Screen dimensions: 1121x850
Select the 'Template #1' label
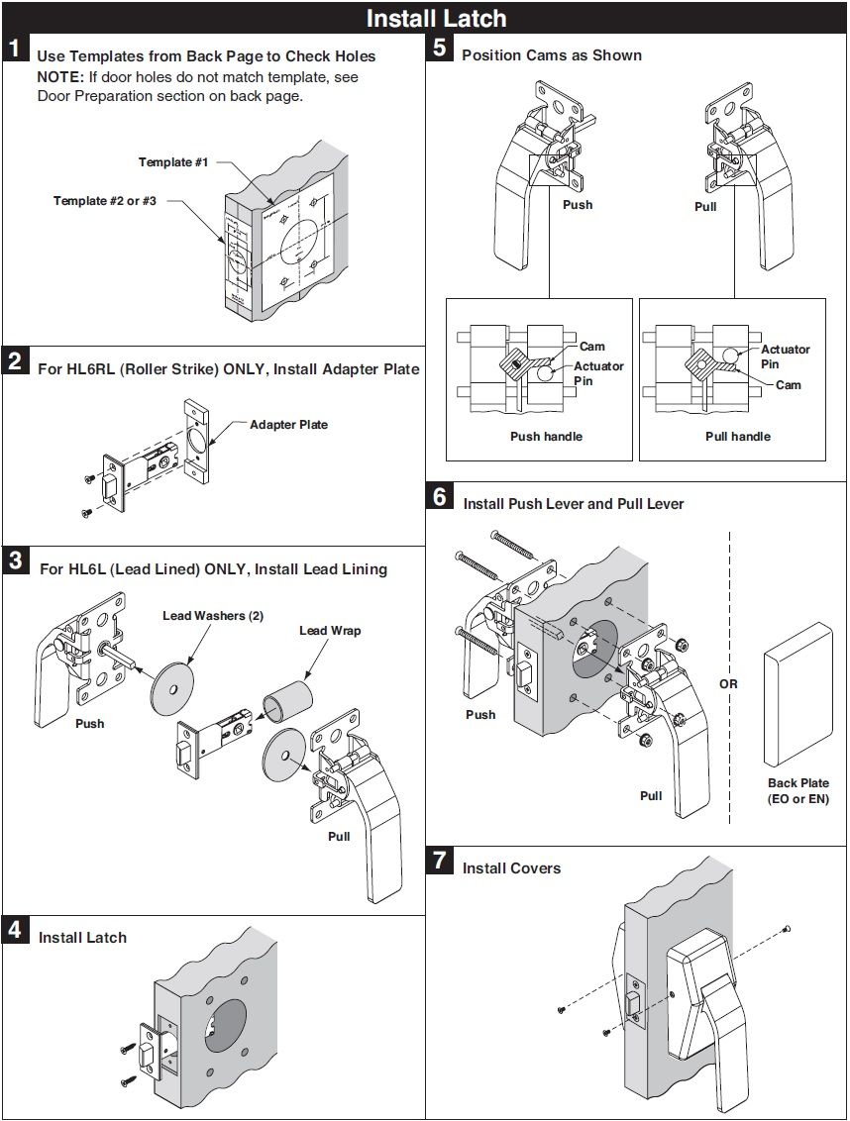[173, 161]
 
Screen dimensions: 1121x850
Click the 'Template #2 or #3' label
[104, 201]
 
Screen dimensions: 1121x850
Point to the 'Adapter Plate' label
[288, 425]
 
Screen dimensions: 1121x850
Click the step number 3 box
[15, 560]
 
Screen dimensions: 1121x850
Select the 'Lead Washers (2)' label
[213, 616]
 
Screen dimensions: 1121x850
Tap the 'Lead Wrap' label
[330, 631]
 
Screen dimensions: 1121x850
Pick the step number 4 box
[15, 930]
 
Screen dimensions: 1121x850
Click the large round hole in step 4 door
[227, 1030]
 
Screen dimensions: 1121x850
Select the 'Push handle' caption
[546, 437]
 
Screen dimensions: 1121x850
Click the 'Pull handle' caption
[737, 437]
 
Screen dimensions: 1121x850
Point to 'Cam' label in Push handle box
[592, 347]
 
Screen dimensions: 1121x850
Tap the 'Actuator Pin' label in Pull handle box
[785, 357]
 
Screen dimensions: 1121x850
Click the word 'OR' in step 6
[728, 684]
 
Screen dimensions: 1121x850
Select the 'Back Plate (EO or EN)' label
[798, 791]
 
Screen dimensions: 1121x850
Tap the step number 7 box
[440, 860]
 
